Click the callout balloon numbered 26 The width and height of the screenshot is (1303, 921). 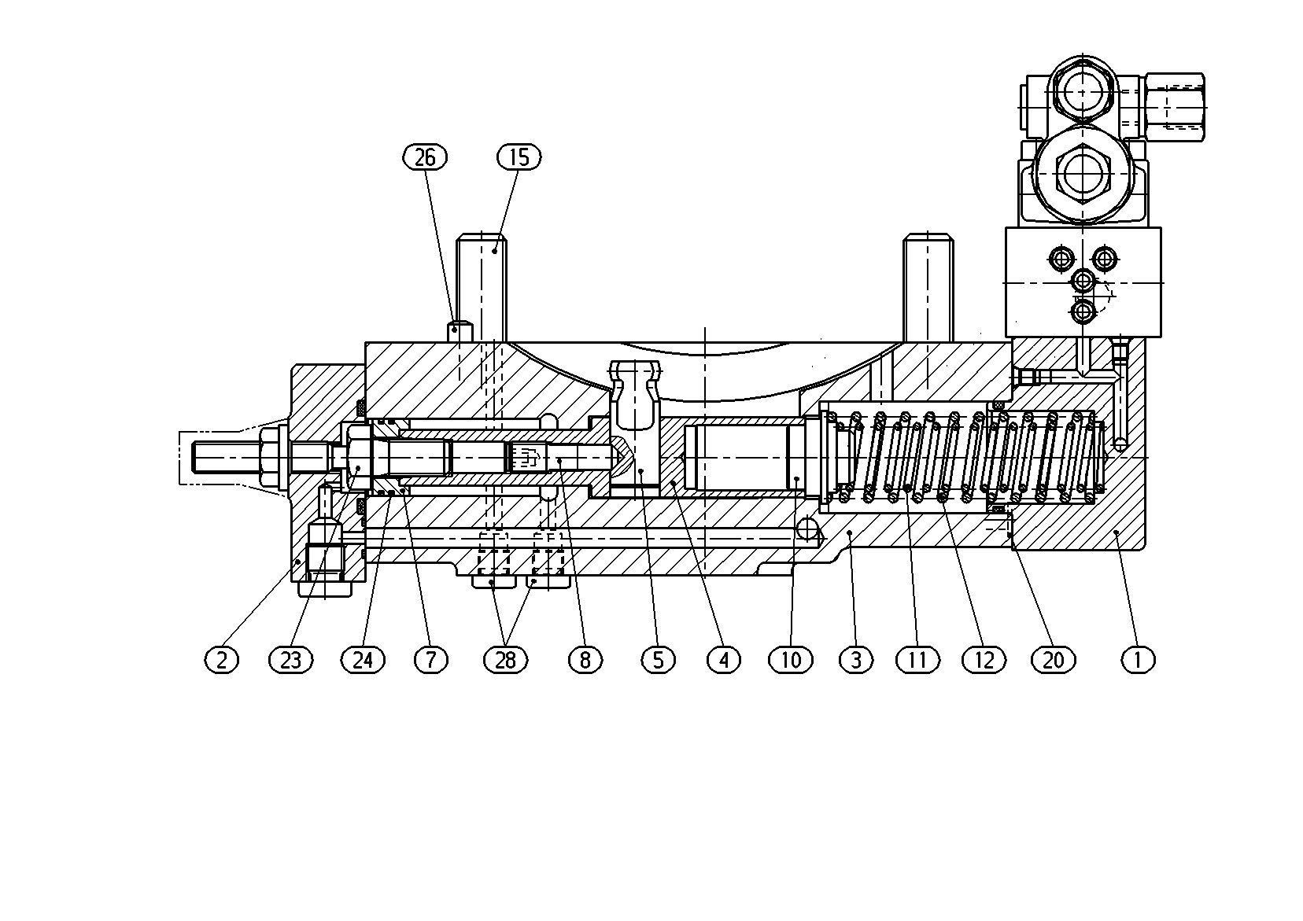click(x=425, y=157)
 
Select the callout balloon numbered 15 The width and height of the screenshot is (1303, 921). click(x=519, y=157)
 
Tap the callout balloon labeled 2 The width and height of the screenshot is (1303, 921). click(x=222, y=660)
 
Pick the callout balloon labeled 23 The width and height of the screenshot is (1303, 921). click(x=291, y=660)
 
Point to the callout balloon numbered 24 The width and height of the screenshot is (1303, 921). click(x=363, y=660)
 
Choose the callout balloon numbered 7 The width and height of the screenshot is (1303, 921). click(x=431, y=660)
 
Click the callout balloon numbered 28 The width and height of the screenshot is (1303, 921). click(x=505, y=660)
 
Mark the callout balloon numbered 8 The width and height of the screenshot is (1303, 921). click(x=585, y=660)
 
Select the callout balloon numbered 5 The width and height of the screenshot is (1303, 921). click(x=658, y=660)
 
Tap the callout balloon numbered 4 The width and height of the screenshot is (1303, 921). click(x=724, y=660)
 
